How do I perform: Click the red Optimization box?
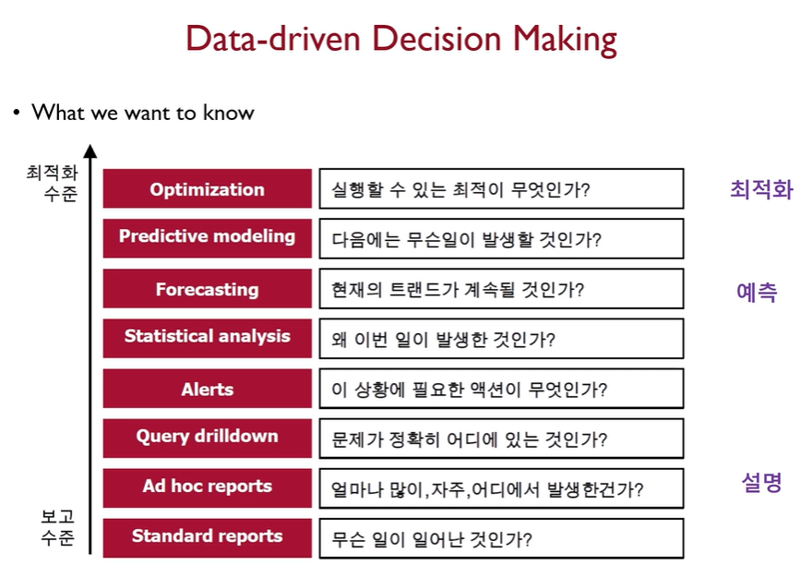pos(207,188)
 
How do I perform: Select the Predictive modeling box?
pos(207,238)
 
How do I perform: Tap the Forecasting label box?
pos(207,288)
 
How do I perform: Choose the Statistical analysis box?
pos(207,338)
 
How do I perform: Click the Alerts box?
pos(207,389)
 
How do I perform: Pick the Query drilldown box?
pos(207,438)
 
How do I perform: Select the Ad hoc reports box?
pos(207,488)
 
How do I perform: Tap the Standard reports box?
pos(207,537)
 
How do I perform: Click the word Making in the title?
pos(565,40)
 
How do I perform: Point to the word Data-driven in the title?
pos(273,39)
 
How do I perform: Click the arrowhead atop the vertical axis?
pos(90,151)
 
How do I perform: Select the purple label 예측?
pos(757,293)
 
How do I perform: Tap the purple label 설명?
pos(761,482)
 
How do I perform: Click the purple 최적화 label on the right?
pos(761,189)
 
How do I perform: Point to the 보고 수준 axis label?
pos(58,527)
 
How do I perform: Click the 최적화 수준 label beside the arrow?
pos(52,183)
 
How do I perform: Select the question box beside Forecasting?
pos(501,289)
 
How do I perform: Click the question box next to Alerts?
pos(501,389)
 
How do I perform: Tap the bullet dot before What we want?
pos(17,112)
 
